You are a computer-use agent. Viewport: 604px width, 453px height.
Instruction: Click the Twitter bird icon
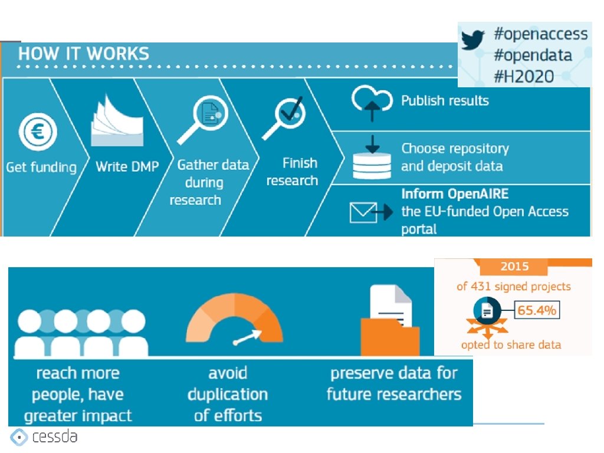click(472, 40)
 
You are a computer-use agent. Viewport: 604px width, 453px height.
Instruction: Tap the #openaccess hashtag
click(541, 34)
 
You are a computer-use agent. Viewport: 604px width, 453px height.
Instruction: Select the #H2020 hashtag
click(524, 76)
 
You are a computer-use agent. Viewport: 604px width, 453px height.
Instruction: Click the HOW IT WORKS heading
click(84, 54)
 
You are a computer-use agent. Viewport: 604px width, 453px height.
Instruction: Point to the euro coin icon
click(38, 132)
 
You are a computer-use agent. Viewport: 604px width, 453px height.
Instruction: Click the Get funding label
click(41, 167)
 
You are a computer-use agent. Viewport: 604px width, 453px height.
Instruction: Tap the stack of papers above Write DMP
click(117, 120)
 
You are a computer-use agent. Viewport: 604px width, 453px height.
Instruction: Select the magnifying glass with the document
click(203, 119)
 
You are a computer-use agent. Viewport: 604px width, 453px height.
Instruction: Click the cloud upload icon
click(372, 103)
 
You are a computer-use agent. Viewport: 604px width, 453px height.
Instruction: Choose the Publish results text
click(445, 100)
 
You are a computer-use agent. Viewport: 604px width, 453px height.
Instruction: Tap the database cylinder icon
click(372, 166)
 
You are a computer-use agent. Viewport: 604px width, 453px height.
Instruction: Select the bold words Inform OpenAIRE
click(455, 193)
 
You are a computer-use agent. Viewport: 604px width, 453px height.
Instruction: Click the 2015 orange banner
click(514, 266)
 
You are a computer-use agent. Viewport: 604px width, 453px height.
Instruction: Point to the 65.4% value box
click(537, 310)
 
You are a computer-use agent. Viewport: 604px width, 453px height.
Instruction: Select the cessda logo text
click(55, 436)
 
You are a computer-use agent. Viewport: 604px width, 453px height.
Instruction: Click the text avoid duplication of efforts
click(228, 394)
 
